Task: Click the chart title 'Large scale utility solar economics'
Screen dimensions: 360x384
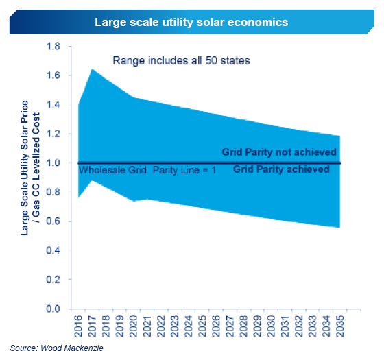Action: click(x=191, y=21)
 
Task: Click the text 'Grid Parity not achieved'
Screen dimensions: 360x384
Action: click(x=278, y=152)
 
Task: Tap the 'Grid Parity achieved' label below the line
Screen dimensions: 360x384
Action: click(x=281, y=169)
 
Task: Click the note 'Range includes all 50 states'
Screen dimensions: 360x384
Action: click(x=181, y=60)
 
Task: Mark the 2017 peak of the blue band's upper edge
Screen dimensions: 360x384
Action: click(x=93, y=69)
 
